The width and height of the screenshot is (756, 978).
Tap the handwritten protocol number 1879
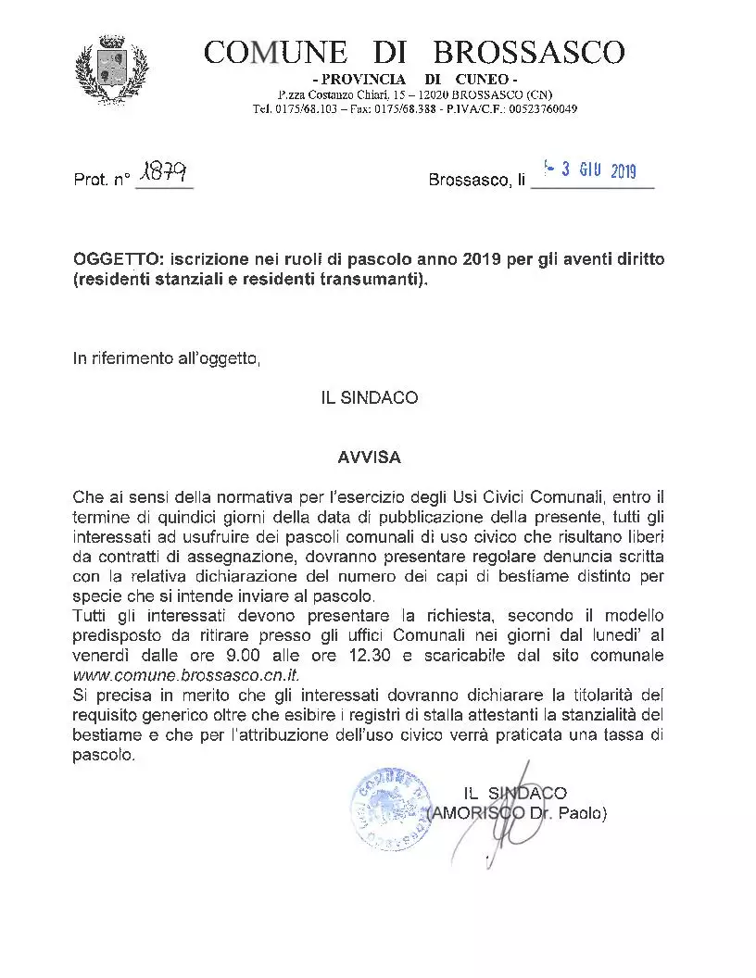(x=163, y=173)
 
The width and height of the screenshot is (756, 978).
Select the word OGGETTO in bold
(x=108, y=259)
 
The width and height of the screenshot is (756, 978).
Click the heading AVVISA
(x=369, y=458)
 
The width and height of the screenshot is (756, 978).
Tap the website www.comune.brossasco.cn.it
(x=173, y=673)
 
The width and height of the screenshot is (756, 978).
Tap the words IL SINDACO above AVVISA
(x=369, y=398)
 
